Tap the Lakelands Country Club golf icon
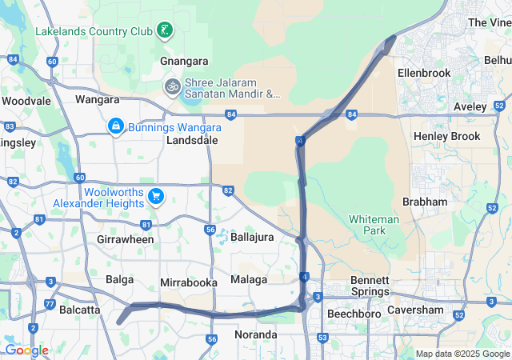[x=165, y=31]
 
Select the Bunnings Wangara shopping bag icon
[x=116, y=126]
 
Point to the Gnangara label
[x=184, y=61]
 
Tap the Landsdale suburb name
[x=192, y=139]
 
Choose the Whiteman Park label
[x=368, y=225]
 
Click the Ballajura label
[x=252, y=237]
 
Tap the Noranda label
[x=256, y=334]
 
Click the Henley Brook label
[x=447, y=136]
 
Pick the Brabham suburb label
[x=425, y=202]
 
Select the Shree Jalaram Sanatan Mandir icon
[x=172, y=86]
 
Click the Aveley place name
[x=470, y=106]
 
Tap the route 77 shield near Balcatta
[x=50, y=304]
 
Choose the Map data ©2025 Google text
[x=462, y=354]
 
